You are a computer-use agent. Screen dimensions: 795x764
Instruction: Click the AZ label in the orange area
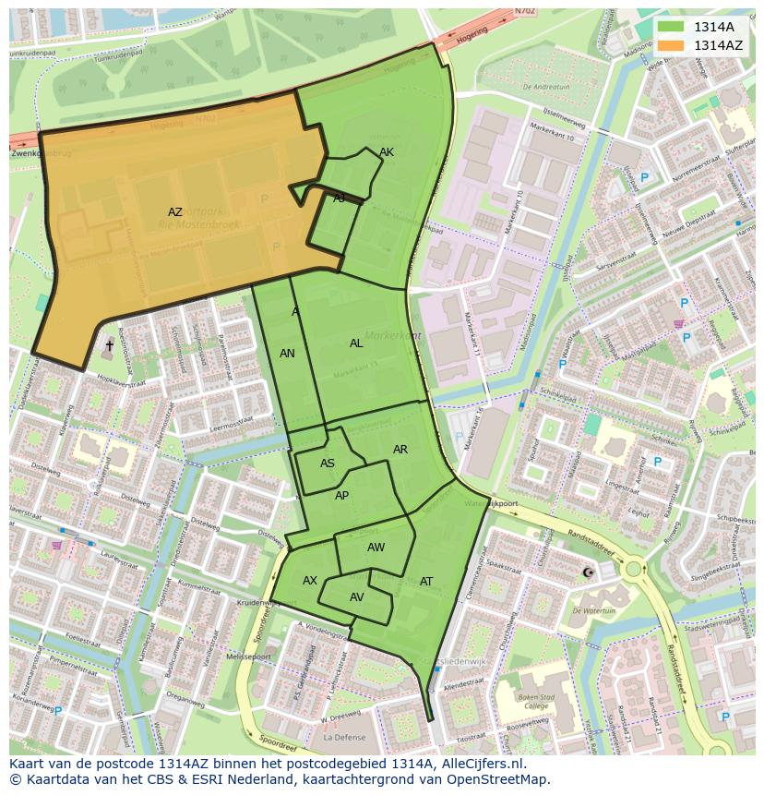[174, 212]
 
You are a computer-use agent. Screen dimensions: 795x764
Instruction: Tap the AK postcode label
[386, 152]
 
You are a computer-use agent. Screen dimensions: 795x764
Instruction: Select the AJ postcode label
[339, 199]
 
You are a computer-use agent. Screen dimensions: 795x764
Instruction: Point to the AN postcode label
[287, 354]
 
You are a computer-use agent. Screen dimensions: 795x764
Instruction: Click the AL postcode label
[356, 343]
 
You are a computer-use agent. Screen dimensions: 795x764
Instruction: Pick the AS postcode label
[328, 464]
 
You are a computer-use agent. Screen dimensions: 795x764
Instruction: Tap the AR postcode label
[400, 450]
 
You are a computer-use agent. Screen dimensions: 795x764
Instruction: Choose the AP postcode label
[341, 496]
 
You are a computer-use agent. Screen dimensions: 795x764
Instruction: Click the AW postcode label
[376, 548]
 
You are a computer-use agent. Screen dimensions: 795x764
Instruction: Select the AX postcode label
[310, 581]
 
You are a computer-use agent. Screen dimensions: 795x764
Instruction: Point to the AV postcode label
[357, 597]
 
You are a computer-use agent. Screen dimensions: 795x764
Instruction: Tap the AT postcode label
[426, 582]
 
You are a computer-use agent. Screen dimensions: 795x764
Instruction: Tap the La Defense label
[344, 738]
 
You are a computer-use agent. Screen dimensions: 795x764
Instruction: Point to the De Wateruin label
[592, 611]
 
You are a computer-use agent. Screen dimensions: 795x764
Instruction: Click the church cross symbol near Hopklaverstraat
[109, 345]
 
